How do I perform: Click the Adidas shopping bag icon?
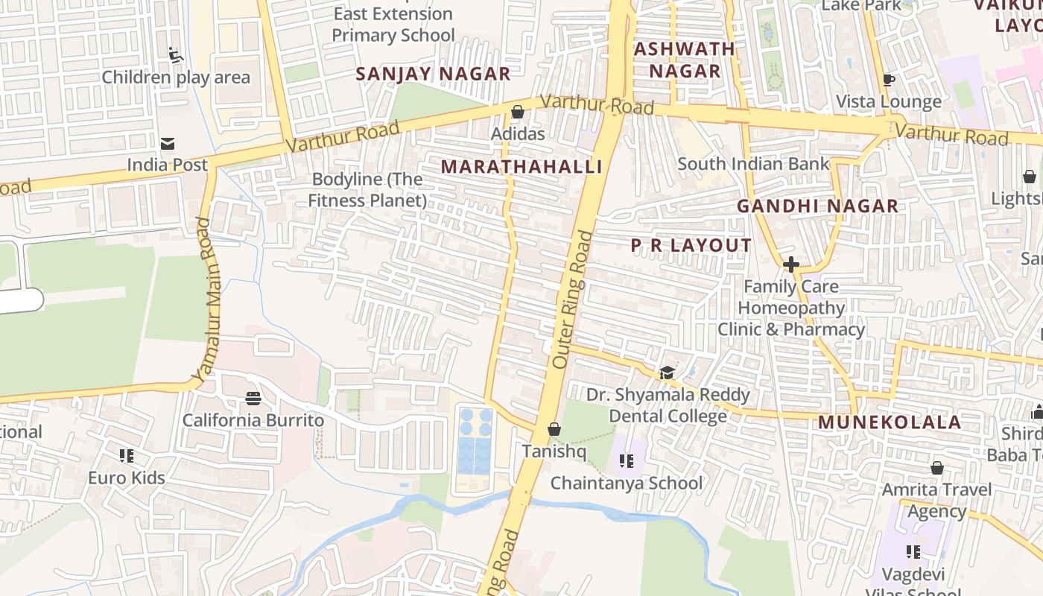click(x=517, y=112)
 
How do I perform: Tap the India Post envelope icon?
click(x=168, y=143)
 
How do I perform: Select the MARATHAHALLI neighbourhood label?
click(x=521, y=166)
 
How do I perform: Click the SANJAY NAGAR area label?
click(x=433, y=74)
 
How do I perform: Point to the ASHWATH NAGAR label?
click(x=684, y=60)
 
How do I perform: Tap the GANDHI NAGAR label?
click(x=817, y=206)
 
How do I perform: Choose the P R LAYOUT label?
click(x=691, y=245)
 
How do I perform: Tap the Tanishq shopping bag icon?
click(x=554, y=429)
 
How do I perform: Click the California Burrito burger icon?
click(x=253, y=399)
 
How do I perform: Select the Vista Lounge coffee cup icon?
click(x=888, y=80)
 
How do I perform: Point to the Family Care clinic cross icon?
click(x=790, y=264)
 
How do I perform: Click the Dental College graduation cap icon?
click(x=667, y=372)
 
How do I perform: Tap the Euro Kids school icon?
click(x=127, y=455)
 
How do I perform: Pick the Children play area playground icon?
click(x=176, y=55)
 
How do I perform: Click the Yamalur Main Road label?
click(x=202, y=298)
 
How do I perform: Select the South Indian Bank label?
click(x=753, y=164)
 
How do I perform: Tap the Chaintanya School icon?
click(x=627, y=461)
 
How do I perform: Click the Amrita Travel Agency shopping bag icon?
click(x=936, y=468)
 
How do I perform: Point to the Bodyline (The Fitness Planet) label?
click(x=367, y=190)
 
